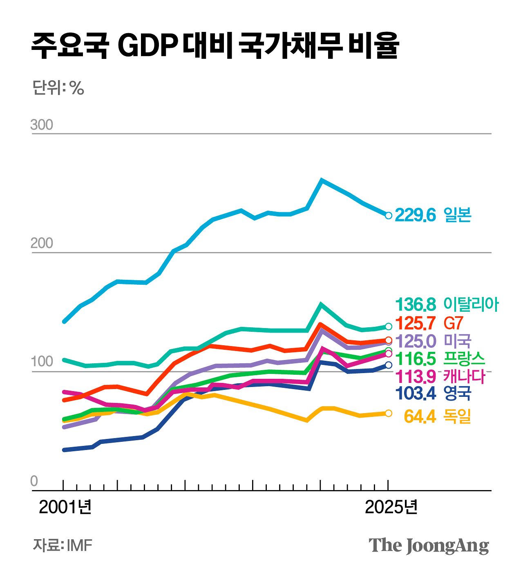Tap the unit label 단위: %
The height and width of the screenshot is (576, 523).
click(x=58, y=87)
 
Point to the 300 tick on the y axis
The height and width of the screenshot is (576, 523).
click(x=42, y=125)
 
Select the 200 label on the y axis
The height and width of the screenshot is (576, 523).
click(x=42, y=243)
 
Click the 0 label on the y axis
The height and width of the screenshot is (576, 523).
click(x=34, y=482)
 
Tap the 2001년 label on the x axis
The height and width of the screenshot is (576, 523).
click(x=65, y=507)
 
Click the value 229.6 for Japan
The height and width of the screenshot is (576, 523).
click(x=416, y=215)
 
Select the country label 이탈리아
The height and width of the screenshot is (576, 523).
click(x=471, y=305)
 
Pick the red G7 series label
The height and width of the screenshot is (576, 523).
click(x=453, y=323)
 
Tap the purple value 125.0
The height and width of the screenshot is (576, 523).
click(x=416, y=341)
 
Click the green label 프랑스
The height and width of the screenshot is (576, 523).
click(x=464, y=358)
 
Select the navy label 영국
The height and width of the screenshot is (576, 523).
click(x=458, y=394)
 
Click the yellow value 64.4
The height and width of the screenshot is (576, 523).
click(x=420, y=417)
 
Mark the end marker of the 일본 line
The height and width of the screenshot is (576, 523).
click(x=389, y=215)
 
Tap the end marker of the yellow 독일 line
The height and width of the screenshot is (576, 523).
click(x=389, y=413)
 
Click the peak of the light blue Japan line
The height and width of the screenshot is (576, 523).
click(x=322, y=180)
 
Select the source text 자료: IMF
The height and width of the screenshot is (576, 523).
click(x=63, y=545)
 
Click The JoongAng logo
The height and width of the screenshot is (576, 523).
click(x=429, y=546)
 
